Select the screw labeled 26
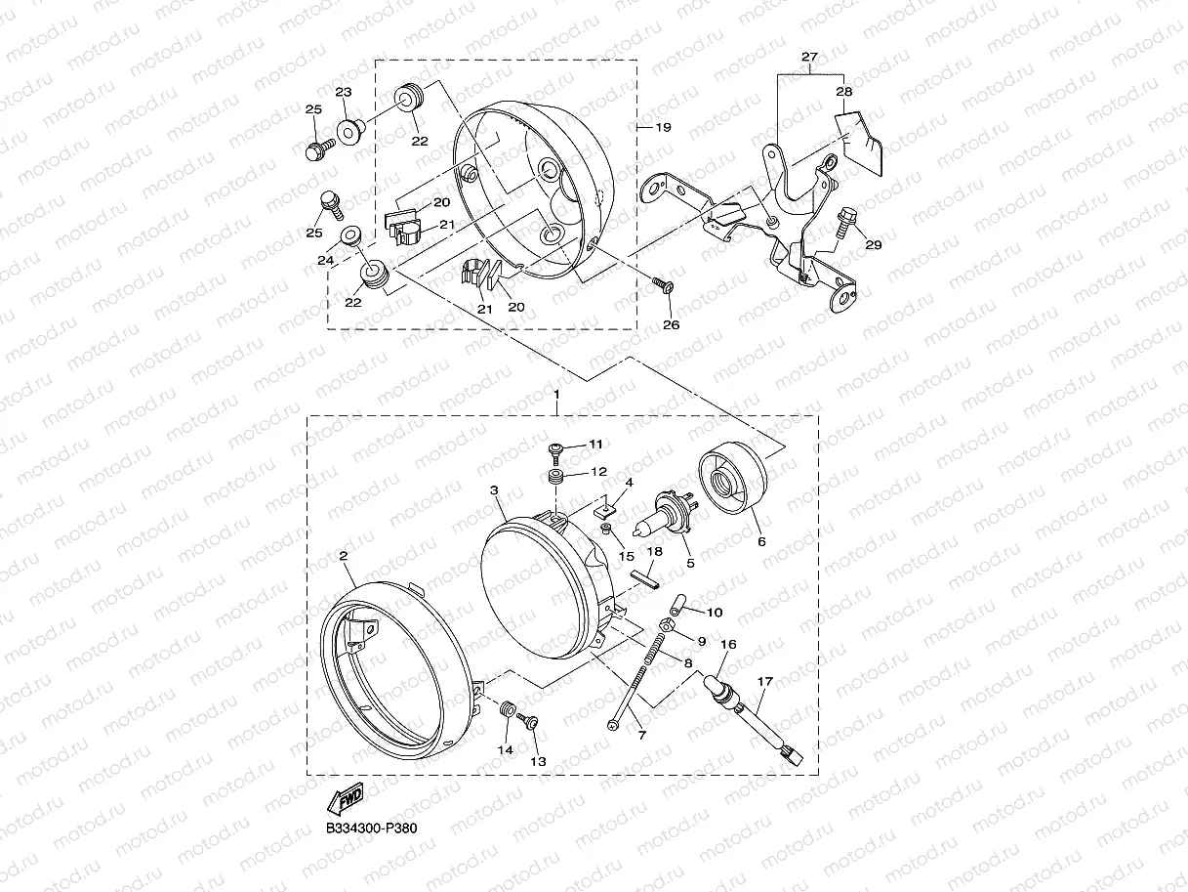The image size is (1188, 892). tap(663, 284)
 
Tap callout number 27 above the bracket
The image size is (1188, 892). tap(809, 58)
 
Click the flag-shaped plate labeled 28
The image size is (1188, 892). tap(860, 136)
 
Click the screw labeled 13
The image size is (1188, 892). tap(531, 722)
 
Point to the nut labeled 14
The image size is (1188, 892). tap(508, 708)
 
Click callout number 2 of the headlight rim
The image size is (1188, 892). tap(343, 556)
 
